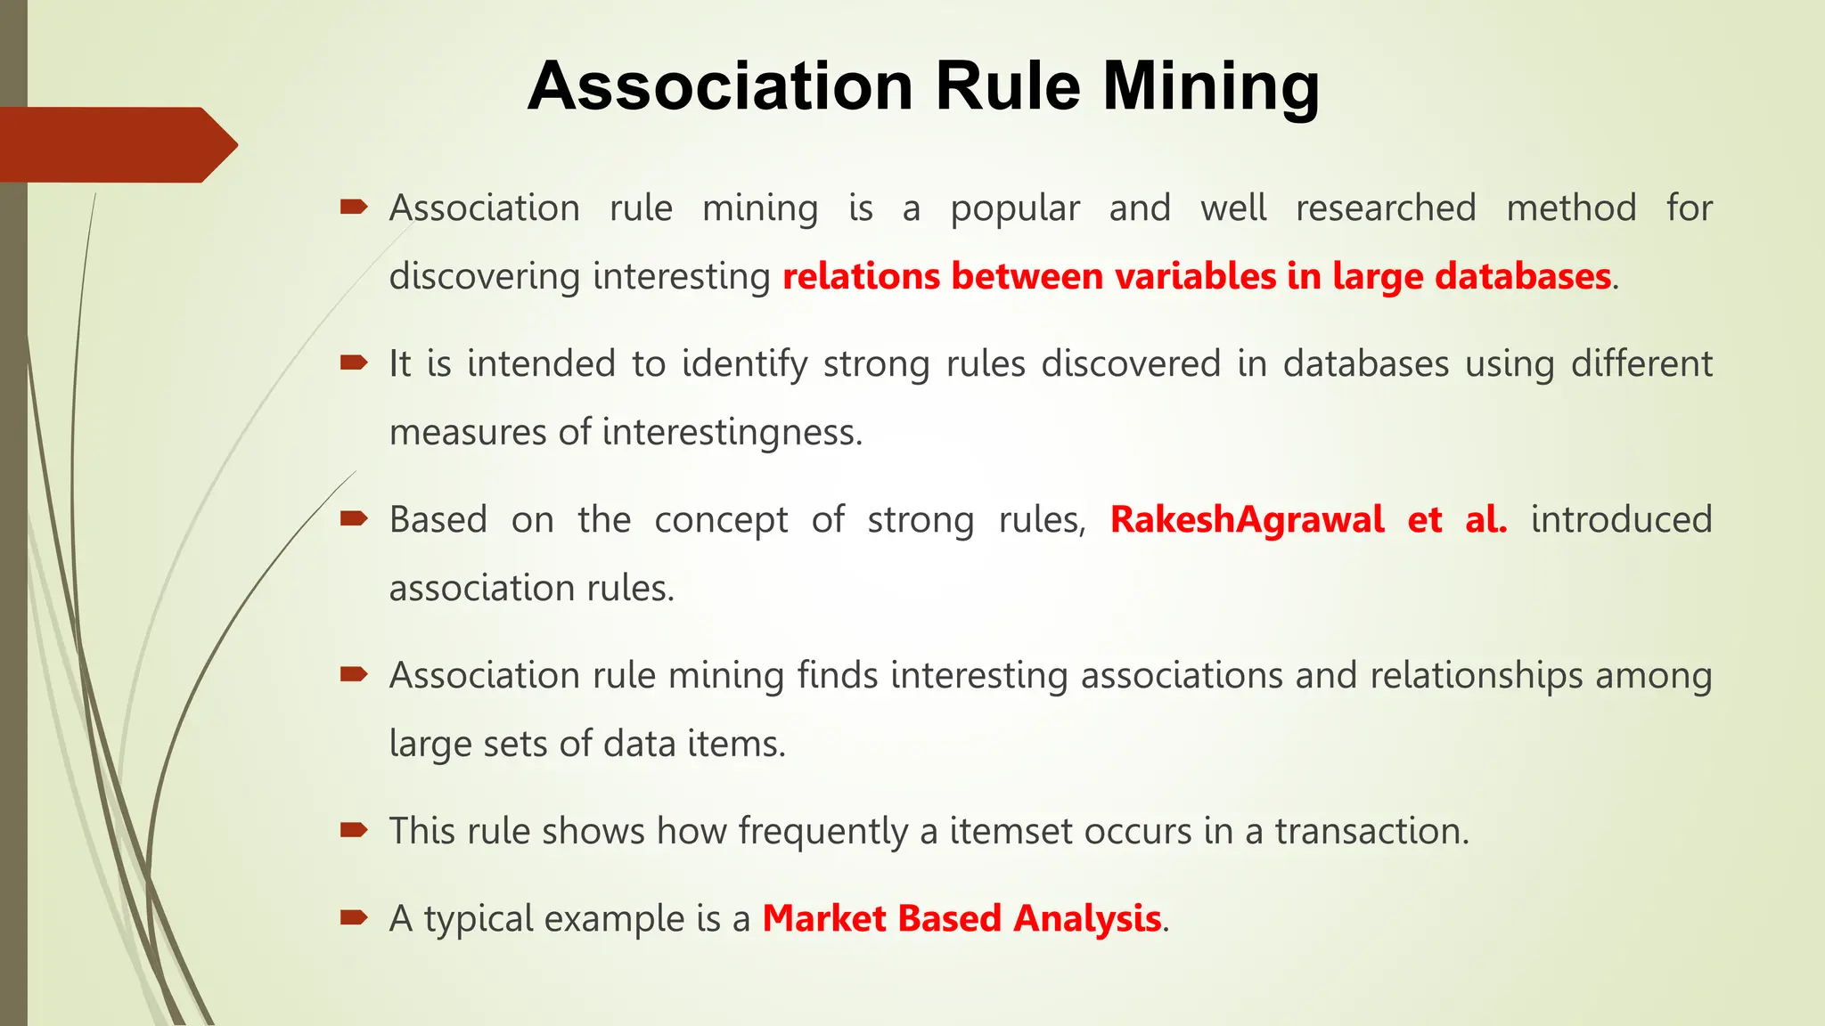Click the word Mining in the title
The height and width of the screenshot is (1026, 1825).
[x=1211, y=87]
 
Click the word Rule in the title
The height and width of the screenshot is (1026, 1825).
[x=1007, y=87]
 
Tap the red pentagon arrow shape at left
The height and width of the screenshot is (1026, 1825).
[x=116, y=144]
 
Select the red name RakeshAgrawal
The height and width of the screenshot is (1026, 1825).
[x=1247, y=519]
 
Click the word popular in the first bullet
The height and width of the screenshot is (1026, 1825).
[x=1015, y=209]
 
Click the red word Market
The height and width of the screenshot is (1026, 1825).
[x=824, y=918]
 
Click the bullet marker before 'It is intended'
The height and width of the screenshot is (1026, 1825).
[x=354, y=362]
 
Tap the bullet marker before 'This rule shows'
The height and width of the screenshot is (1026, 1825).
[x=354, y=830]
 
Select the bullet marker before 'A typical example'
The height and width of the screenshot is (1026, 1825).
[x=354, y=917]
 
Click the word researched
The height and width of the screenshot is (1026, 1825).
[x=1386, y=208]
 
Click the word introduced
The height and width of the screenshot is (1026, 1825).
[x=1621, y=519]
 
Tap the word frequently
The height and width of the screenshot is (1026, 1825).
[x=822, y=832]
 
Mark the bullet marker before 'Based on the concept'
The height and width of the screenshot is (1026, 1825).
[x=354, y=518]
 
